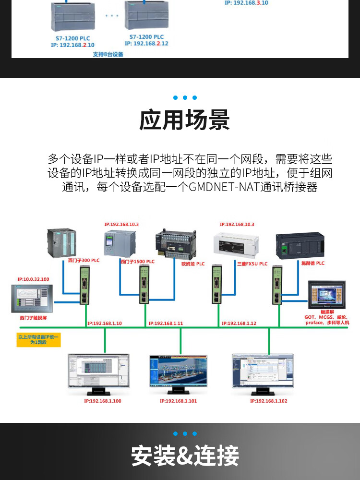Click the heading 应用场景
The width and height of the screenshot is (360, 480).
[184, 120]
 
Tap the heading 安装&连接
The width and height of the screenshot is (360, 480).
[185, 456]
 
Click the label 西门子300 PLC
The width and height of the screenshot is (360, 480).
[84, 260]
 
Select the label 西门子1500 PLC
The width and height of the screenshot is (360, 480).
[137, 262]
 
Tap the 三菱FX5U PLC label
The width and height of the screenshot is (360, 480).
[252, 264]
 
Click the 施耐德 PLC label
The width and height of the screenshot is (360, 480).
[312, 263]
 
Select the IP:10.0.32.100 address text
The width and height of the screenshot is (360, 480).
[33, 279]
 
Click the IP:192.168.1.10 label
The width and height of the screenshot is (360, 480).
[105, 324]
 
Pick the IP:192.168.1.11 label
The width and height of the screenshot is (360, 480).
[166, 324]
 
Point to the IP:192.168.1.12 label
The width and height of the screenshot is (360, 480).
[239, 324]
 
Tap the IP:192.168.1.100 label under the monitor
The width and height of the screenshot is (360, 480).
[103, 401]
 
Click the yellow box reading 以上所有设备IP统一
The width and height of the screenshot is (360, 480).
[38, 340]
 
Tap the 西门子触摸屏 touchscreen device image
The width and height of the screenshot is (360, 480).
[32, 299]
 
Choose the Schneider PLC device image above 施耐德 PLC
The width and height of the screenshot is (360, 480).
[300, 246]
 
